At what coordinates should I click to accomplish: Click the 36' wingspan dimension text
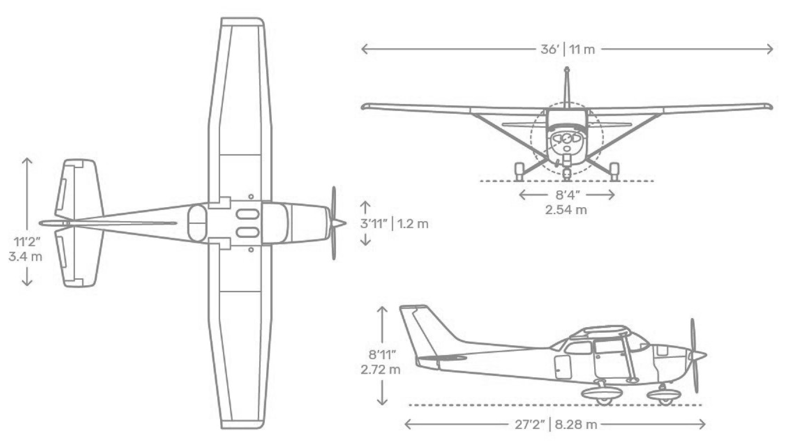point(550,49)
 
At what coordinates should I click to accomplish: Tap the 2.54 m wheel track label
point(566,210)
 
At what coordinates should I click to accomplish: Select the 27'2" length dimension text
point(530,425)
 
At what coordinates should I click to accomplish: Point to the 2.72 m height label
point(380,370)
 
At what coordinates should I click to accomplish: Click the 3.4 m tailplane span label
point(25,257)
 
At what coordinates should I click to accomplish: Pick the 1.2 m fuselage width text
point(412,224)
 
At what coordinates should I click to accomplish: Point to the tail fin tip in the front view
point(567,70)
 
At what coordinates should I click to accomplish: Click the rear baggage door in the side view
point(563,367)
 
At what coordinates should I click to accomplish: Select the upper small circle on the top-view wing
point(251,197)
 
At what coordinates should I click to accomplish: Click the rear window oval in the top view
point(197,223)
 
